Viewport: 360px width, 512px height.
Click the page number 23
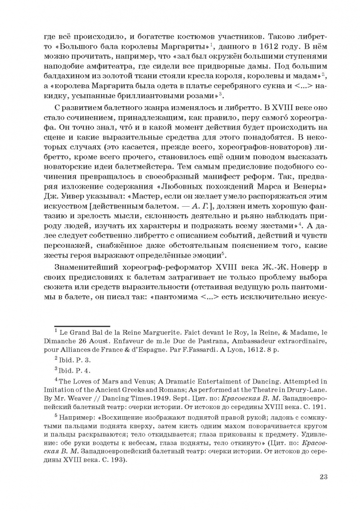coord(324,476)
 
